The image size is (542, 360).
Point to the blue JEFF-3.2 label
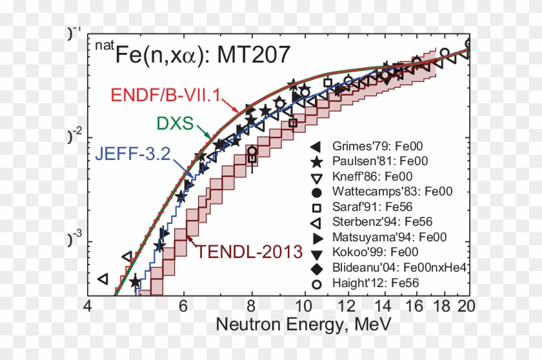(133, 154)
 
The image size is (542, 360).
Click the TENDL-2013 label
(250, 250)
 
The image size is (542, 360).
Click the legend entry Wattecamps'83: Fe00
(392, 191)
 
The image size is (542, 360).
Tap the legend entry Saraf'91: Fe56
(369, 206)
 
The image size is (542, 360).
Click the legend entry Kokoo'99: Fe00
(375, 252)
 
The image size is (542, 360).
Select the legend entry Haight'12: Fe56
(375, 283)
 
